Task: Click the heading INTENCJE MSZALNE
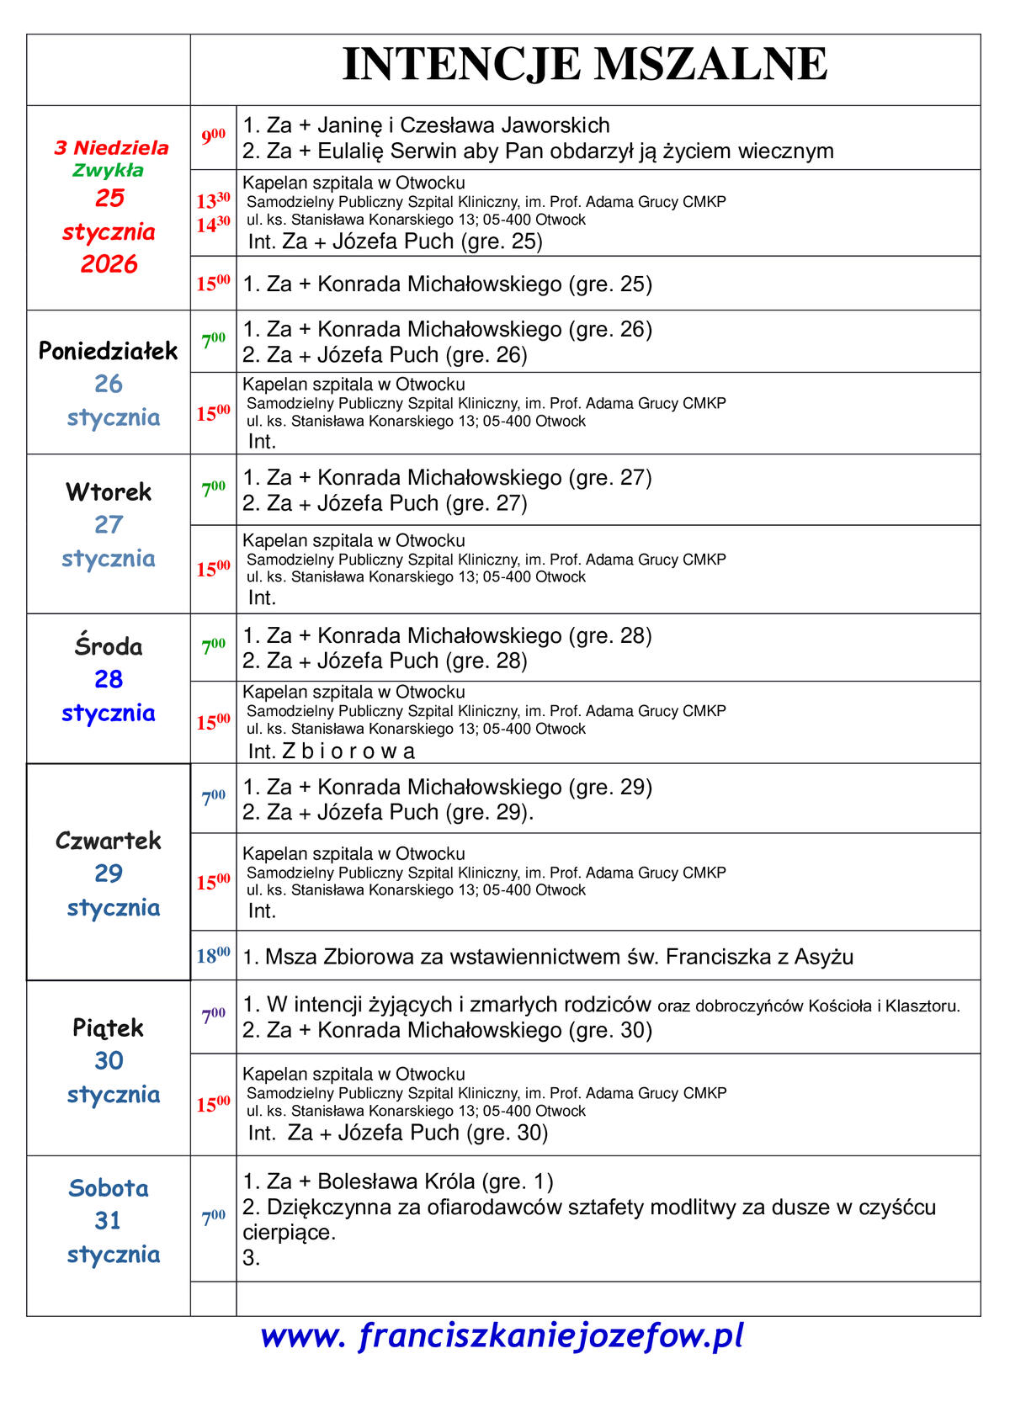tap(585, 64)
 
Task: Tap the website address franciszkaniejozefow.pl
tap(502, 1335)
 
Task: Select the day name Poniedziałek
tap(108, 351)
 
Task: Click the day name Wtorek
tap(108, 491)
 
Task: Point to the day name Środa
tap(108, 646)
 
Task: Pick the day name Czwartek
tap(108, 840)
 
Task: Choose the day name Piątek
tap(108, 1027)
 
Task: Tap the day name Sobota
tap(108, 1188)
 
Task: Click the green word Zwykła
tap(108, 170)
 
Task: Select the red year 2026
tap(109, 264)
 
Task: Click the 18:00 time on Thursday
tap(213, 956)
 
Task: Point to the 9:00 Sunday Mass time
tap(213, 136)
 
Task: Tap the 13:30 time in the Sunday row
tap(213, 201)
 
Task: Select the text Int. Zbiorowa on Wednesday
tap(332, 751)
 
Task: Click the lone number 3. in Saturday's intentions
tap(251, 1258)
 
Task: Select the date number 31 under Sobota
tap(108, 1220)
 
